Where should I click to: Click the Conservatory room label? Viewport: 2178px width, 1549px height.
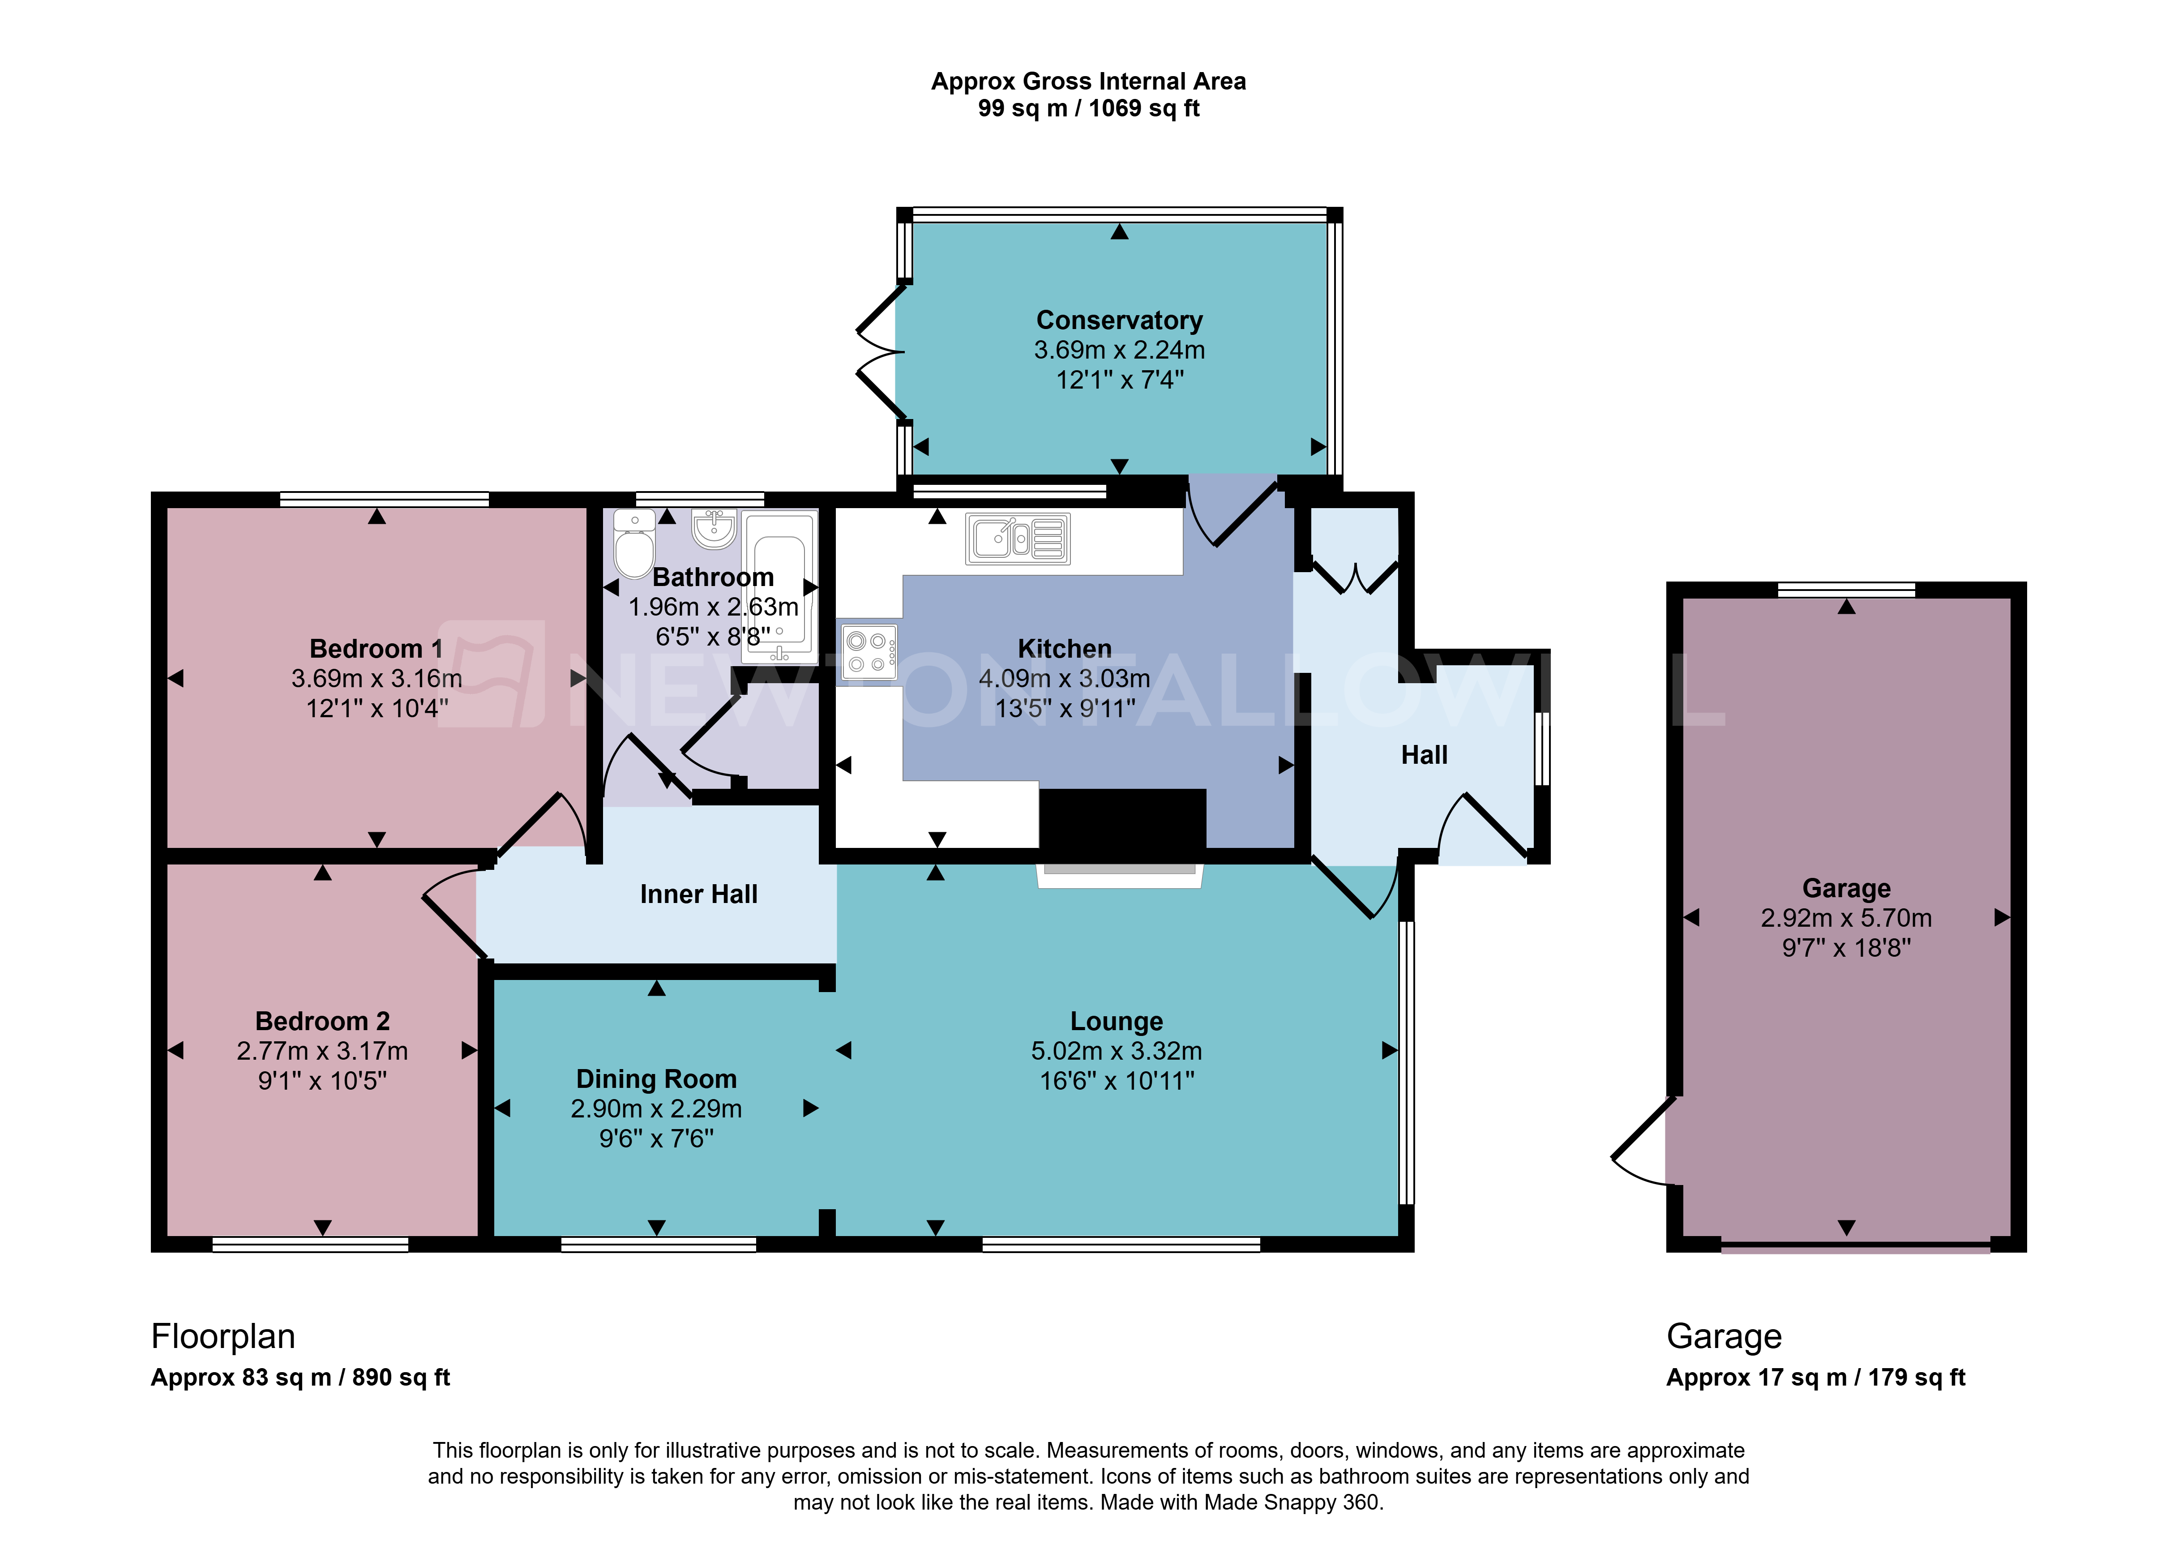click(x=1120, y=321)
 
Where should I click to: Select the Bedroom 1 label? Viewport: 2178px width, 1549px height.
click(x=377, y=649)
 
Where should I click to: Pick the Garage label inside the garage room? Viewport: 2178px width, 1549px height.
click(x=1846, y=888)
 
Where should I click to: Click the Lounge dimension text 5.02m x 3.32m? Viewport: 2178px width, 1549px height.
click(x=1117, y=1051)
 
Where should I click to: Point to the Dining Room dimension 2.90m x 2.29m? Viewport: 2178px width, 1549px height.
click(x=656, y=1108)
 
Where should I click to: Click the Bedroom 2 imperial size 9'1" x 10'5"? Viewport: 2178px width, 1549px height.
click(x=322, y=1081)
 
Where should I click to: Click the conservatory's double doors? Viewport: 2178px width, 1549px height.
click(x=879, y=352)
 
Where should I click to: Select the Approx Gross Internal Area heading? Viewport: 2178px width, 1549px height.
click(x=1088, y=82)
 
